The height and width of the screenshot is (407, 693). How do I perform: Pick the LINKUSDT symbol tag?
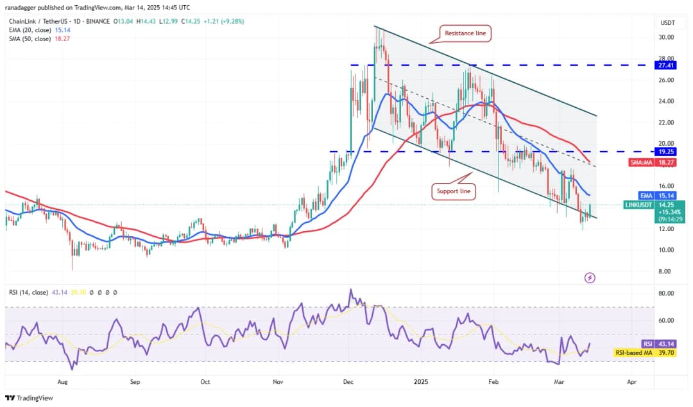click(640, 205)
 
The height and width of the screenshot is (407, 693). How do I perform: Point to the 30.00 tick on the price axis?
click(667, 37)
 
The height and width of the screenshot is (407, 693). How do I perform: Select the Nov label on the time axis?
click(278, 381)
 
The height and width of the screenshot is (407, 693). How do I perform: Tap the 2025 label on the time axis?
click(422, 381)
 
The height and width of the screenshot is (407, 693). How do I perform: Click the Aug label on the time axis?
click(62, 381)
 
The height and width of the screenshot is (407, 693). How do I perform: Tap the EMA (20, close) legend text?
click(31, 29)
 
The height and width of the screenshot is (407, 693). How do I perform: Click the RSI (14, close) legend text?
click(28, 292)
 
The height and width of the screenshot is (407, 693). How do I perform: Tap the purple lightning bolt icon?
click(590, 277)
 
